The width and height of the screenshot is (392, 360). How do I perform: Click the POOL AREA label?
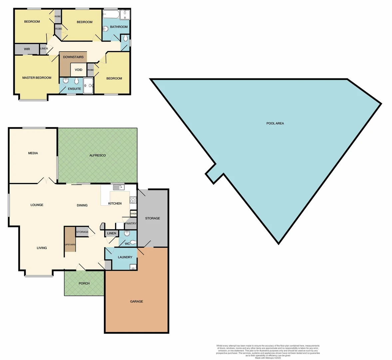pos(275,123)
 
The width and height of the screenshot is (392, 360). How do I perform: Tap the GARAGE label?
pos(137,301)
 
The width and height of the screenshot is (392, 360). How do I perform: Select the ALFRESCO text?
pos(98,155)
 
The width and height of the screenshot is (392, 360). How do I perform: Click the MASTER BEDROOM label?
pos(37,78)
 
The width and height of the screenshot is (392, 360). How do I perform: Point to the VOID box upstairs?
pos(79,70)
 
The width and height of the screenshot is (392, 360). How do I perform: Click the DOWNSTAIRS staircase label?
pos(73,57)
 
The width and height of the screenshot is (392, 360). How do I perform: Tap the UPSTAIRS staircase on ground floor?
pos(70,244)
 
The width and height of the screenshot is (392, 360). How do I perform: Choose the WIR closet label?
pos(27,49)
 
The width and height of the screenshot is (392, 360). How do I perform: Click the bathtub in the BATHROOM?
pos(111,14)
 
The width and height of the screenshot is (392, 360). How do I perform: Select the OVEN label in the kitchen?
pos(134,214)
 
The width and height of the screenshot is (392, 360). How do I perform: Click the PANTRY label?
pos(131,224)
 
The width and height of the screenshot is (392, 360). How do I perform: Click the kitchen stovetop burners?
pos(133,200)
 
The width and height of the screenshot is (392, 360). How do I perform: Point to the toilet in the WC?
pos(133,242)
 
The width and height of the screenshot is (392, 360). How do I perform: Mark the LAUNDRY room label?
pos(125,257)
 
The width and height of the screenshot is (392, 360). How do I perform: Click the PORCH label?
pos(84,283)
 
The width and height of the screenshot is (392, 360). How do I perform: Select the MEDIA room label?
pos(33,153)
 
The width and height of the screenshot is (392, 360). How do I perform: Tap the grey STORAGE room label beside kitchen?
pos(153,218)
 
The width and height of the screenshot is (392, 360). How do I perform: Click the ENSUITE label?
pos(74,89)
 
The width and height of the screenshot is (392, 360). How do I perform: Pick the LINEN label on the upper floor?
pos(44,49)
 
